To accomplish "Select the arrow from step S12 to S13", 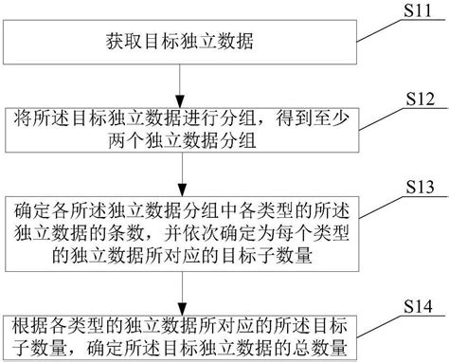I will pos(180,174).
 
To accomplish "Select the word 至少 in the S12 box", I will pos(318,120).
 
